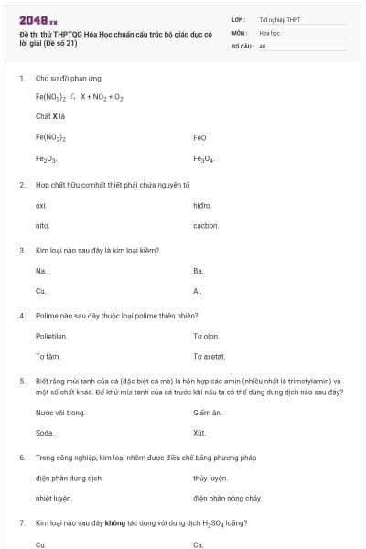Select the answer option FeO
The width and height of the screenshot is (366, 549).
tap(199, 137)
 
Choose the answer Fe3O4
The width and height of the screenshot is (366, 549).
tap(202, 159)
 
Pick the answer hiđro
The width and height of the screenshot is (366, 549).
tap(202, 206)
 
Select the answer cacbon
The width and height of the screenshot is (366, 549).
tap(205, 225)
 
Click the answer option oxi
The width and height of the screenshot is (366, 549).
tap(41, 206)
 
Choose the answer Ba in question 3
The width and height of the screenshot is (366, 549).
tap(198, 271)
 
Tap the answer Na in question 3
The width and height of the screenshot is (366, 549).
tap(40, 271)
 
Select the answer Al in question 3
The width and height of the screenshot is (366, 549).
tap(197, 291)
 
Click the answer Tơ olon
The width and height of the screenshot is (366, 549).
tap(206, 336)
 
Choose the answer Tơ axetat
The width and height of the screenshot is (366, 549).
tap(209, 356)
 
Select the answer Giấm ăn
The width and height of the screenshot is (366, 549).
tap(208, 413)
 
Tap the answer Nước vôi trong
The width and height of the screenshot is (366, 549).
tap(59, 413)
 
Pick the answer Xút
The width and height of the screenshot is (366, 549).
tap(199, 433)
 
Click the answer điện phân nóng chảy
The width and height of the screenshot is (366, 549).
tap(227, 498)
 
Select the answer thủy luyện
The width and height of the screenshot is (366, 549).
tap(210, 478)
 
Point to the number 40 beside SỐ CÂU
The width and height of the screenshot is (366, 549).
tap(263, 44)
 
